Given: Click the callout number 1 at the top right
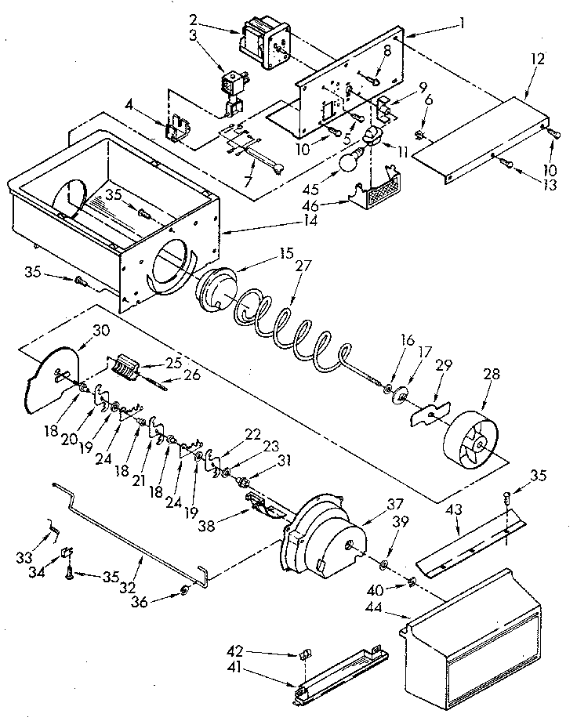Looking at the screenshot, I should [463, 23].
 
